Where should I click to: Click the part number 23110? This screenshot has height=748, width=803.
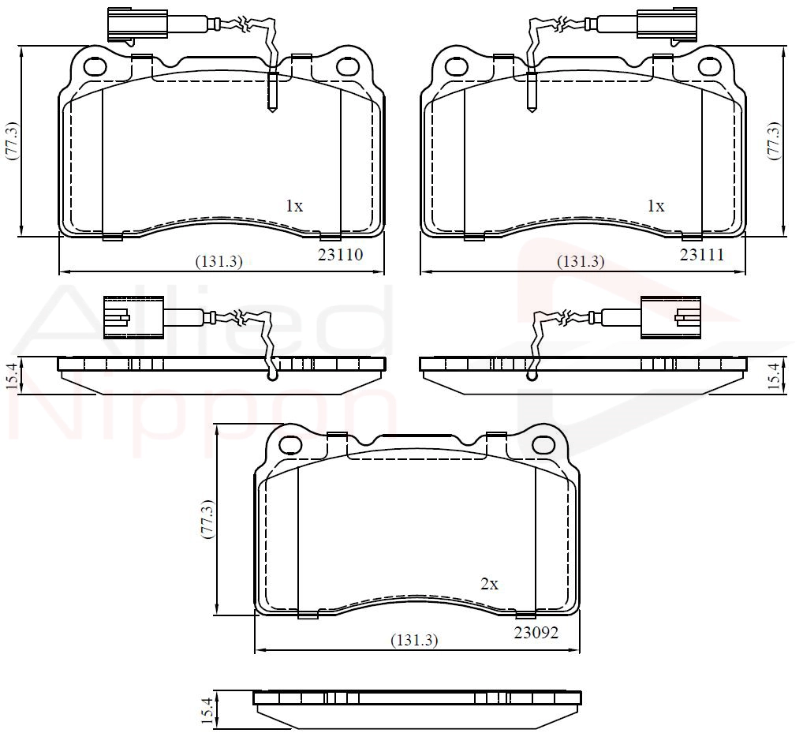[x=340, y=255]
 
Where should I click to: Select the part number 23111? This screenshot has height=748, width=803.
[x=702, y=255]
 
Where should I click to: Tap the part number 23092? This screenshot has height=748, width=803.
[x=536, y=633]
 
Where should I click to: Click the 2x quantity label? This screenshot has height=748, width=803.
[x=490, y=584]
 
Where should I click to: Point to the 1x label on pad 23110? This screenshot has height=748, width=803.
[x=294, y=206]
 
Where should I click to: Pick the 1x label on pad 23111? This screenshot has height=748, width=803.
[x=656, y=206]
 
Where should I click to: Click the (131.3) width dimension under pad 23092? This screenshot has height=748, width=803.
[x=414, y=640]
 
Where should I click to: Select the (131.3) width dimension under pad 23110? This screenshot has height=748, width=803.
[x=219, y=262]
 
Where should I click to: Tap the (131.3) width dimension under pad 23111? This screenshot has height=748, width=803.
[x=581, y=262]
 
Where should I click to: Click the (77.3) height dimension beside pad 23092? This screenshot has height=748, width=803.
[x=207, y=518]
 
